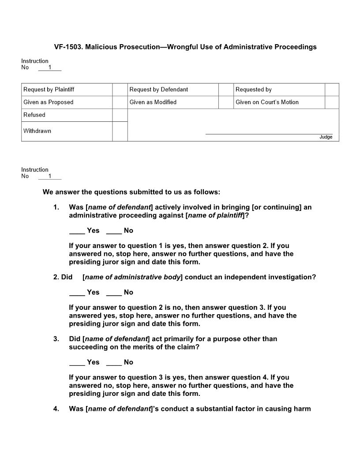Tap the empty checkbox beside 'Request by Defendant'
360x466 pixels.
226,90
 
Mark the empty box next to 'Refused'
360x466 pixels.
120,115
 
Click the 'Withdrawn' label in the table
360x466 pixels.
37,131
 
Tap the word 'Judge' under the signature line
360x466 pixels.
326,137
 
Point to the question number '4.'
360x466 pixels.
56,409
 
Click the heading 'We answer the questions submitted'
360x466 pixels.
131,192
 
